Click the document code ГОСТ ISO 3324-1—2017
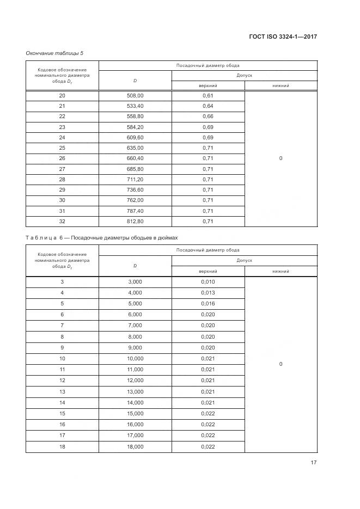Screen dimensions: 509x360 (x=282, y=36)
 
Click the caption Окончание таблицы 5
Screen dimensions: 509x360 (x=54, y=53)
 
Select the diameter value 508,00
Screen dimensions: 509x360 (x=135, y=95)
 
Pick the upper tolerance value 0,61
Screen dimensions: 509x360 (x=208, y=95)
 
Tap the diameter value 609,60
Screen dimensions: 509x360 (x=135, y=137)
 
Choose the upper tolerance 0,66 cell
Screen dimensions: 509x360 (x=208, y=116)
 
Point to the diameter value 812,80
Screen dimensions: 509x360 (x=135, y=221)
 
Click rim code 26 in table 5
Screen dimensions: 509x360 (x=62, y=158)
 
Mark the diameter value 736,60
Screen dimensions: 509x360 (x=135, y=189)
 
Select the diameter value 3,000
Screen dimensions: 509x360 (x=135, y=281)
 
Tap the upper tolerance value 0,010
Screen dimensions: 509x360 (x=208, y=281)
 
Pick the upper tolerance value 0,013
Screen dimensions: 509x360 (x=208, y=292)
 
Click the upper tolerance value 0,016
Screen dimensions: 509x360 (x=208, y=303)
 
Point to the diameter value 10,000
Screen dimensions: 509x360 (x=135, y=358)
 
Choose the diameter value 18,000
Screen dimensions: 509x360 (x=135, y=446)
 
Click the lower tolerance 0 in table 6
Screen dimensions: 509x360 (x=280, y=364)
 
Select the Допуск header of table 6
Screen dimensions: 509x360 (x=244, y=261)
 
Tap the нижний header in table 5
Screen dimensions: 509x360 (x=280, y=86)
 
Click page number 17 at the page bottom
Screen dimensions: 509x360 (x=313, y=463)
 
